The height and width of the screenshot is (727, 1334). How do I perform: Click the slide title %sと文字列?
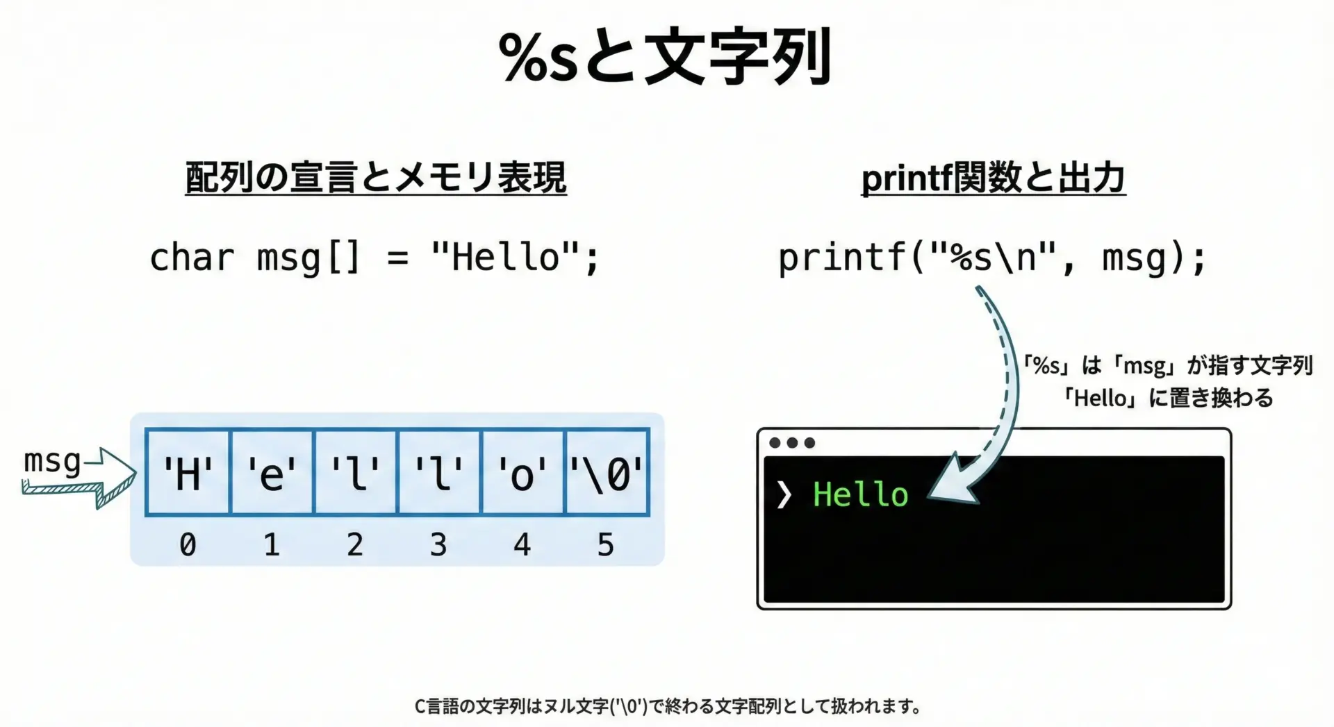pos(666,57)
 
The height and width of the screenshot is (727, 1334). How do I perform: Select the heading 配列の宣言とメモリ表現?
pos(376,178)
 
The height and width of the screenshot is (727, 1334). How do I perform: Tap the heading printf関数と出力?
pos(994,178)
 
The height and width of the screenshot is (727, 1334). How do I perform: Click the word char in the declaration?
pos(192,258)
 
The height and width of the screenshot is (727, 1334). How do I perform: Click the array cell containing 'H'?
pos(188,473)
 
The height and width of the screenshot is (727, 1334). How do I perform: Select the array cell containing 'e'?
pos(272,473)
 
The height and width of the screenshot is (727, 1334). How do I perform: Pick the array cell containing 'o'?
pos(523,473)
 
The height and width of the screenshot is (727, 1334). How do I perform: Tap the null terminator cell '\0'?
pos(607,473)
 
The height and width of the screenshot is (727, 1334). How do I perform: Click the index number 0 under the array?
pos(188,544)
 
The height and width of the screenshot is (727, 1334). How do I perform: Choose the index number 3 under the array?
pos(438,544)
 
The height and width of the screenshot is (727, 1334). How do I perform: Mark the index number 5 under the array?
pos(606,544)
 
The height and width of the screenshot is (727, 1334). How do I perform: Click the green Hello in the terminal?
pos(861,494)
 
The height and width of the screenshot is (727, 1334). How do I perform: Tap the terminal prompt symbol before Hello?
pos(784,495)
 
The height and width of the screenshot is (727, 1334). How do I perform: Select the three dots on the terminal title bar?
pos(792,443)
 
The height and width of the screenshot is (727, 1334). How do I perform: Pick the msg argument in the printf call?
pos(1135,258)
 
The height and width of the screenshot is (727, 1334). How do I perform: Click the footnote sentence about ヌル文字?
pos(668,706)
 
